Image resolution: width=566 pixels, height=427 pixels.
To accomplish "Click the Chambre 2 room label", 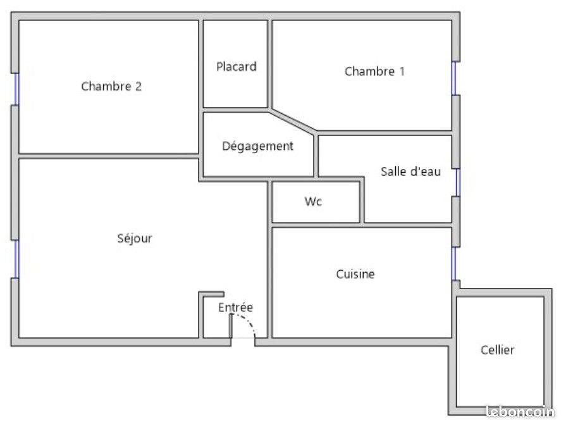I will pyautogui.click(x=111, y=87).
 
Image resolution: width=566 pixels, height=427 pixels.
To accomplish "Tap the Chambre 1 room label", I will pyautogui.click(x=374, y=71).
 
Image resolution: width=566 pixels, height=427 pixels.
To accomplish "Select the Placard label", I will pyautogui.click(x=237, y=66).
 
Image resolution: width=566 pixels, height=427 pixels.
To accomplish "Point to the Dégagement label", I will pyautogui.click(x=257, y=146).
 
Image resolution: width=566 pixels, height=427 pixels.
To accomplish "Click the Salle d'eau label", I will pyautogui.click(x=410, y=171).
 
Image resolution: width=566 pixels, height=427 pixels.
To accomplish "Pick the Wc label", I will pyautogui.click(x=313, y=202).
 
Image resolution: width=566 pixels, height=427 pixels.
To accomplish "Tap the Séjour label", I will pyautogui.click(x=135, y=238).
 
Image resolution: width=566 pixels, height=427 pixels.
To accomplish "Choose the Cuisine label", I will pyautogui.click(x=355, y=274).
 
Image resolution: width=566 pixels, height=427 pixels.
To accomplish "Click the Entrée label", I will pyautogui.click(x=235, y=307).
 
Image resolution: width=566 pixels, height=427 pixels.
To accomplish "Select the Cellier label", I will pyautogui.click(x=497, y=349).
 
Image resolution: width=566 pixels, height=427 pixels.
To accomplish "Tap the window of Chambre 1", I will pyautogui.click(x=454, y=78).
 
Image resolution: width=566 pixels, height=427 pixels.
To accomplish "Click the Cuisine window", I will pyautogui.click(x=454, y=263).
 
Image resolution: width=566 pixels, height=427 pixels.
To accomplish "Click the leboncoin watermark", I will pyautogui.click(x=519, y=411).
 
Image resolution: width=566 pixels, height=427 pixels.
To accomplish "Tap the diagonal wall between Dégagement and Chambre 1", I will pyautogui.click(x=293, y=121).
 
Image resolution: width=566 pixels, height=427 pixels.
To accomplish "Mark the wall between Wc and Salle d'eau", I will pyautogui.click(x=362, y=202).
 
